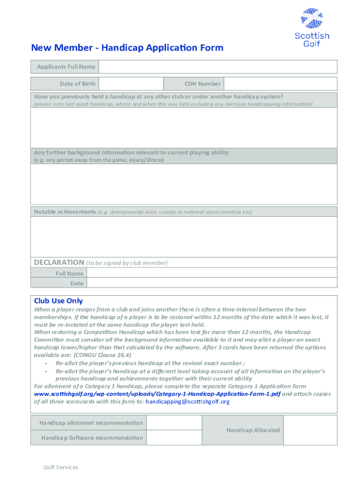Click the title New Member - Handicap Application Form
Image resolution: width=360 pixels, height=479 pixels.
pyautogui.click(x=127, y=48)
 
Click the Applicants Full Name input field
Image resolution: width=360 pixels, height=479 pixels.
pyautogui.click(x=217, y=67)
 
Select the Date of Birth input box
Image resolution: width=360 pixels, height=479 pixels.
pyautogui.click(x=131, y=84)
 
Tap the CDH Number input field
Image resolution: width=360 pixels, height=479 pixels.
pyautogui.click(x=280, y=84)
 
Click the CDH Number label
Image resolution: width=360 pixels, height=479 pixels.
pyautogui.click(x=202, y=84)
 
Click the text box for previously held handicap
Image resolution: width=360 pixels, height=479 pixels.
pyautogui.click(x=184, y=128)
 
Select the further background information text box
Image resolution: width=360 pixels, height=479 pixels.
pyautogui.click(x=184, y=184)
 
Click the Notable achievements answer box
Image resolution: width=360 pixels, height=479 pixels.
pyautogui.click(x=184, y=237)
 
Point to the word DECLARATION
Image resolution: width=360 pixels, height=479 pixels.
pyautogui.click(x=59, y=262)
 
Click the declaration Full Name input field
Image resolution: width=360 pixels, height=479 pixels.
pyautogui.click(x=212, y=274)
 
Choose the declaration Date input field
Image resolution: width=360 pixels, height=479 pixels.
pyautogui.click(x=212, y=283)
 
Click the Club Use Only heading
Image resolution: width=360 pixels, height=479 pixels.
pyautogui.click(x=58, y=301)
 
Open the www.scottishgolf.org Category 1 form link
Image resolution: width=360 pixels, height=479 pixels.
pyautogui.click(x=157, y=394)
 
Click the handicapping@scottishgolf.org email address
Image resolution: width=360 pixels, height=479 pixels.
pyautogui.click(x=187, y=401)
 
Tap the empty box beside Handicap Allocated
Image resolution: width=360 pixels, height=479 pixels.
pyautogui.click(x=310, y=430)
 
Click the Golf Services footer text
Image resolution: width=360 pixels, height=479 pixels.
pyautogui.click(x=61, y=467)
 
